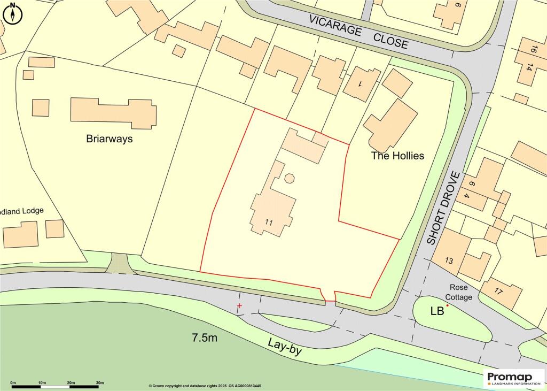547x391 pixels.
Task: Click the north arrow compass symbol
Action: (x=12, y=13)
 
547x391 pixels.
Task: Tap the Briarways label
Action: (x=109, y=139)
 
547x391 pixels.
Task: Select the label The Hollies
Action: (x=397, y=156)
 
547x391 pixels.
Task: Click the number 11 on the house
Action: (x=269, y=222)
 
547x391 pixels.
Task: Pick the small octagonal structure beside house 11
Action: (x=289, y=178)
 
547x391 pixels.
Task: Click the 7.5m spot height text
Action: (x=205, y=338)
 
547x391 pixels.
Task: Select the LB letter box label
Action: (x=436, y=311)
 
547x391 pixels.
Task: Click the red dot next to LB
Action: (x=448, y=305)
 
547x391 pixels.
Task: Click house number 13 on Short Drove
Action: (x=448, y=261)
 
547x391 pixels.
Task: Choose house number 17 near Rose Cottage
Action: (x=498, y=292)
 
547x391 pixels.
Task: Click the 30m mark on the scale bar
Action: (x=99, y=383)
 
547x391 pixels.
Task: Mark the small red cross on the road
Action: (x=239, y=306)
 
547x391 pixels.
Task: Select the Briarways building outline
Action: (x=114, y=112)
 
